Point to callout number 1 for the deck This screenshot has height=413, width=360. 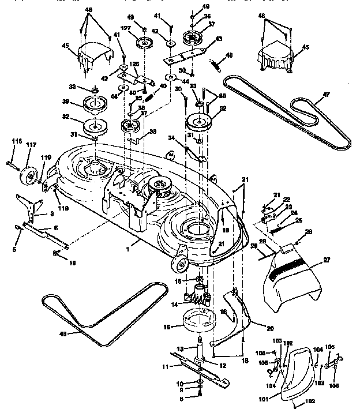[x=134, y=245]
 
